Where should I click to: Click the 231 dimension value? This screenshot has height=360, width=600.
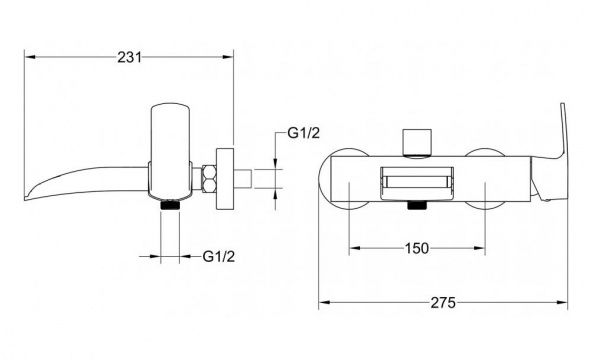129,57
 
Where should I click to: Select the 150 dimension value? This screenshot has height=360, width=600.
417,249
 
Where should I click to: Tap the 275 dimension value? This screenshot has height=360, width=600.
443,303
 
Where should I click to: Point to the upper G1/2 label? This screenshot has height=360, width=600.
303,133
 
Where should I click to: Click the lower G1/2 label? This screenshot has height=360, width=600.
218,256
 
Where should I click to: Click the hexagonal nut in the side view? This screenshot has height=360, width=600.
209,178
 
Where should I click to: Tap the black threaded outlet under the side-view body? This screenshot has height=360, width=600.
170,205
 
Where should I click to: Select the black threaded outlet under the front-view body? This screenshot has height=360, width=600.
417,205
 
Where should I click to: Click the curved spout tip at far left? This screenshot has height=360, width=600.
31,194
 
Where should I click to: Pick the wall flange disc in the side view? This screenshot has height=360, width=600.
225,179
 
